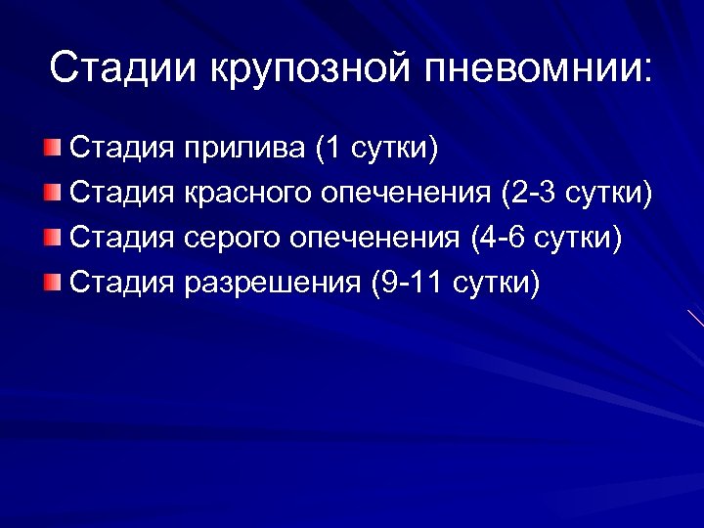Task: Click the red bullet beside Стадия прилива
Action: [x=52, y=149]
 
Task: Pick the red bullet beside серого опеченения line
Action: [x=52, y=239]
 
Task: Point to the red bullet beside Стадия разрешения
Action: [x=52, y=284]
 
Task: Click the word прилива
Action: [x=243, y=150]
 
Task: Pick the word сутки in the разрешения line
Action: [x=499, y=285]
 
